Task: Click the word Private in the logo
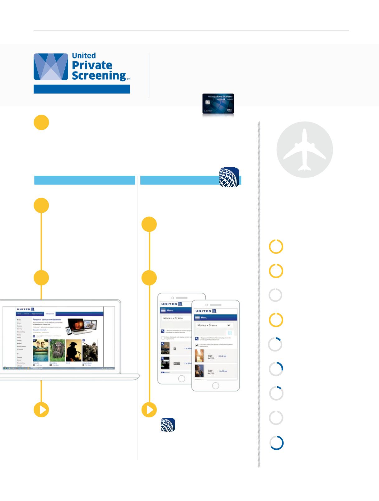tap(92, 65)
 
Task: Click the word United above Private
tap(84, 56)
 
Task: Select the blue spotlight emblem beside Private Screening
tap(51, 67)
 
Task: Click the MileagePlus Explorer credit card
tap(218, 105)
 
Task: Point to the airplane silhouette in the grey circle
tap(305, 150)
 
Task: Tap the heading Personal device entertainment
tap(47, 319)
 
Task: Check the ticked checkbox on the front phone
tap(197, 345)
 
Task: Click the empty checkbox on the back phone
tap(163, 338)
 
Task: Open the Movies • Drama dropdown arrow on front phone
tap(229, 325)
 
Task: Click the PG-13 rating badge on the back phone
tap(176, 363)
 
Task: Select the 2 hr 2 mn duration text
tap(223, 356)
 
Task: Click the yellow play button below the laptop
tap(41, 410)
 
